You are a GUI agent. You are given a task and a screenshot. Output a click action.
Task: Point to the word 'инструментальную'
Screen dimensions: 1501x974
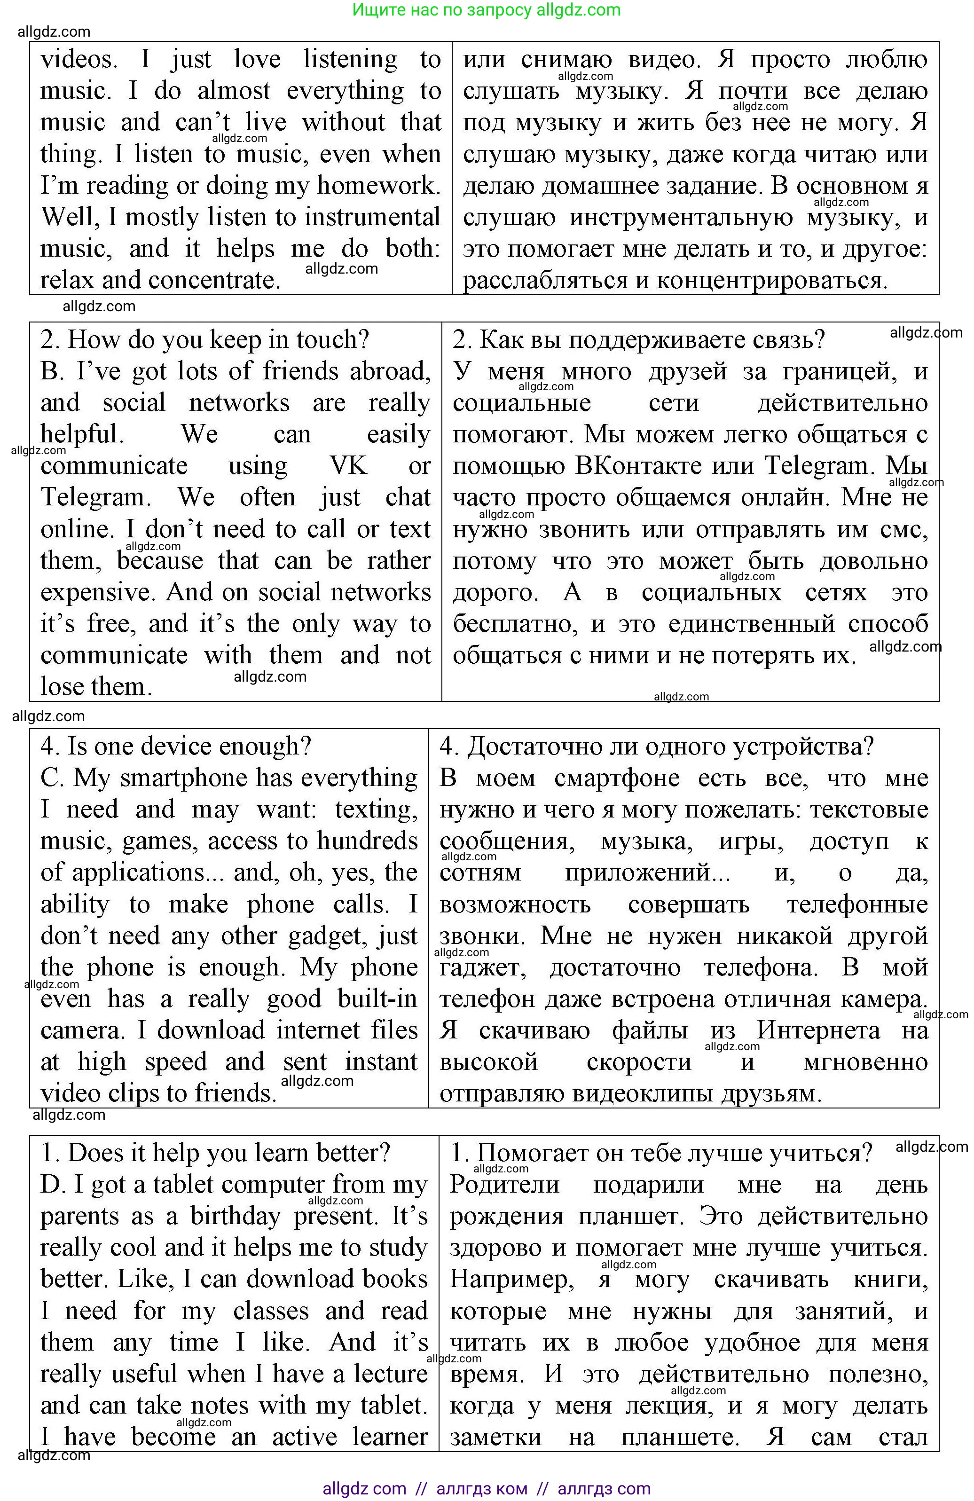click(681, 218)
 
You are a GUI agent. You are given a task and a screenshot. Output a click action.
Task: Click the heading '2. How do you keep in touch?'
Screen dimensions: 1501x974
click(204, 340)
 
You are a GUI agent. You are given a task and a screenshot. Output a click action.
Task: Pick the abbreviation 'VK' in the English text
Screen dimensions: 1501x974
click(347, 466)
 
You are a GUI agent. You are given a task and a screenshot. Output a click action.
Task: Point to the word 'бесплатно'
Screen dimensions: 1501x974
click(515, 624)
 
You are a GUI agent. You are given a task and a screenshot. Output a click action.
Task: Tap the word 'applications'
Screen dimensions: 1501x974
click(138, 872)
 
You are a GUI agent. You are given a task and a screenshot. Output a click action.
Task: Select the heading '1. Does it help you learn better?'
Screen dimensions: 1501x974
click(215, 1152)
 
